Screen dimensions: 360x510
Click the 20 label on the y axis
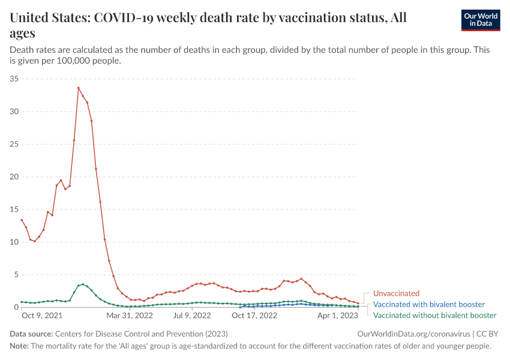click(x=14, y=177)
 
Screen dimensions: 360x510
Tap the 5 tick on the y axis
click(x=17, y=275)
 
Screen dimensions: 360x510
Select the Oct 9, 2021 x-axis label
click(x=41, y=315)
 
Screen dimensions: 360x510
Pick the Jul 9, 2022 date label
click(x=192, y=315)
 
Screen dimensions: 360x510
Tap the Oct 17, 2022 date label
click(x=254, y=315)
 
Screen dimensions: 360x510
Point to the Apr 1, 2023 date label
click(x=337, y=315)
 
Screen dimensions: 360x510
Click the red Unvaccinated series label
click(x=396, y=293)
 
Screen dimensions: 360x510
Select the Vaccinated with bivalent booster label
click(x=428, y=304)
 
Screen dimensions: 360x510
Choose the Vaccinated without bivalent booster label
click(x=434, y=315)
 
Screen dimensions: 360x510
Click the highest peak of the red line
click(x=78, y=88)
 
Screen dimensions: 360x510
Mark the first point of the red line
click(x=22, y=220)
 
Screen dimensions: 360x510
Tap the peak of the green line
click(x=83, y=284)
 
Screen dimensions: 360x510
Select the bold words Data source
click(x=31, y=334)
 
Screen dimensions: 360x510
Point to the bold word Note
click(x=20, y=346)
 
